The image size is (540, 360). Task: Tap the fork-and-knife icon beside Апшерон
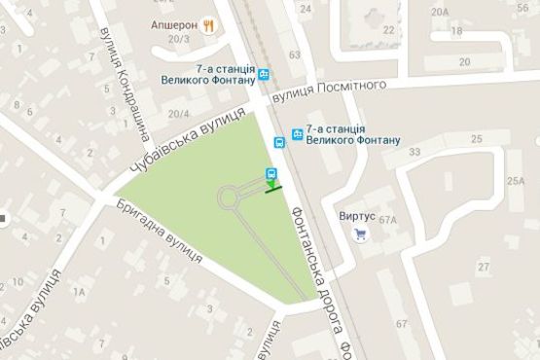(x=209, y=26)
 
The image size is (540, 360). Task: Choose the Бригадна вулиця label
(x=159, y=234)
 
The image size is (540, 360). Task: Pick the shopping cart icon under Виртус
(x=361, y=234)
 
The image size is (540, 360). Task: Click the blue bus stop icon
(x=279, y=142)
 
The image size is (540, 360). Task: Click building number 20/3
(x=177, y=39)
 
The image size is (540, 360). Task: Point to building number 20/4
(x=177, y=113)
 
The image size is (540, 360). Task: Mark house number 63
(x=294, y=55)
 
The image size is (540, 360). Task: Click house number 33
(x=415, y=152)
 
